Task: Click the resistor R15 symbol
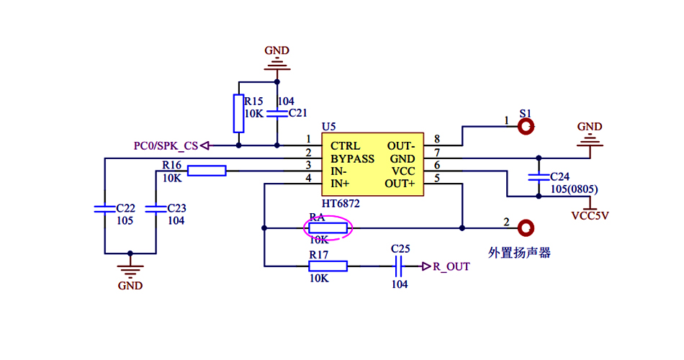tap(239, 113)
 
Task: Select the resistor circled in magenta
tap(328, 229)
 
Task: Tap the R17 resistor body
tap(328, 266)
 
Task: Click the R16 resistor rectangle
tap(207, 171)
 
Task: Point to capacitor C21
tap(276, 114)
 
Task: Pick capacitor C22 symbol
tap(104, 209)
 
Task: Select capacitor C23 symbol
tap(156, 209)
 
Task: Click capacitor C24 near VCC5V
tap(536, 176)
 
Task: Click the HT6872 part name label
tap(341, 204)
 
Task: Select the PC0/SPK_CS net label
tap(166, 145)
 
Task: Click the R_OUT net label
tap(451, 266)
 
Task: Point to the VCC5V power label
tap(590, 215)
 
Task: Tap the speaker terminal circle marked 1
tap(526, 127)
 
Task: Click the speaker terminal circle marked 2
tap(526, 228)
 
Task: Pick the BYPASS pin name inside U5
tap(353, 158)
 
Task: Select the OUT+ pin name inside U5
tap(400, 184)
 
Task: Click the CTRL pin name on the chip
tap(346, 145)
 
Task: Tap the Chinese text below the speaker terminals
tap(519, 253)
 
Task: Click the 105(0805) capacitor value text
tap(574, 189)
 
